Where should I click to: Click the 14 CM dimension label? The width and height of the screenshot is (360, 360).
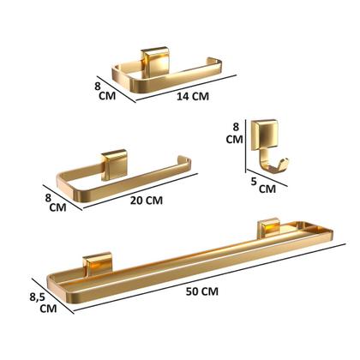194,98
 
